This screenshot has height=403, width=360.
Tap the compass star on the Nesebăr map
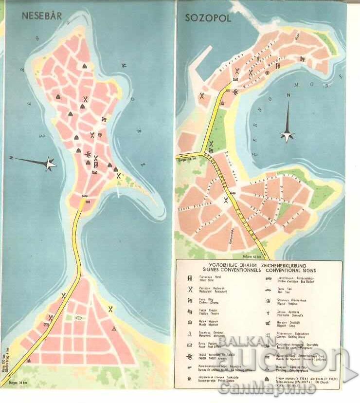coord(50,164)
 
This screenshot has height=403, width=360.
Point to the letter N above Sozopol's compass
coord(288,95)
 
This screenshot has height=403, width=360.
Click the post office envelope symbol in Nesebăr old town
coord(94,171)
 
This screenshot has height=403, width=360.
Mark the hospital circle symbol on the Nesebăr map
coord(100,134)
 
